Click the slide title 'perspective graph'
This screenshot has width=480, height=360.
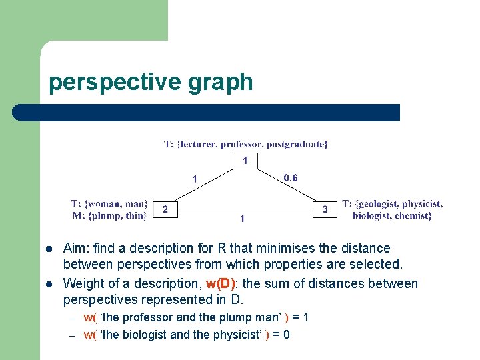[151, 82]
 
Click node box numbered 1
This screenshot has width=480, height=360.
[245, 161]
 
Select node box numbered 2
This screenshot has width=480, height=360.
[166, 209]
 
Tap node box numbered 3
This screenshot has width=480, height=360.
[325, 209]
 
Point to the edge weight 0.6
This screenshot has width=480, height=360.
[291, 177]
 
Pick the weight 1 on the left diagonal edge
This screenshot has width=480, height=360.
[195, 179]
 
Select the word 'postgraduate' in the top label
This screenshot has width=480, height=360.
[299, 143]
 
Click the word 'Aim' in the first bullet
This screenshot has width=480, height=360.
[75, 248]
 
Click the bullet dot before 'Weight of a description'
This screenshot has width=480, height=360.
[49, 284]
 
